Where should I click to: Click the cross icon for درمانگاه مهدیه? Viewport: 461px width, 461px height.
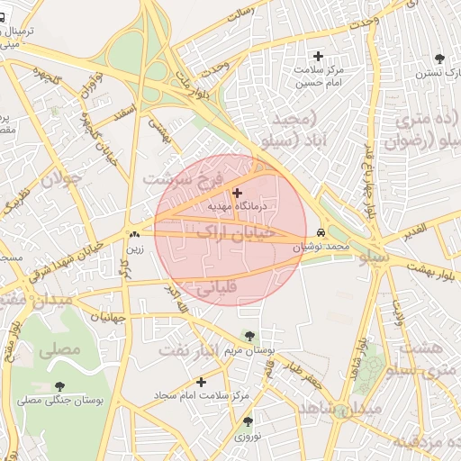point(237,193)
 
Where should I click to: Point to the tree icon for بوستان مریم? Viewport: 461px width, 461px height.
point(249,336)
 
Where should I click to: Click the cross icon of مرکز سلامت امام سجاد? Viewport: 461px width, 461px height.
point(201,382)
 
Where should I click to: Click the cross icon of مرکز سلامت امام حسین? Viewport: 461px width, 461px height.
point(318,56)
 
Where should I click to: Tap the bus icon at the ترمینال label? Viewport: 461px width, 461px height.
point(5,16)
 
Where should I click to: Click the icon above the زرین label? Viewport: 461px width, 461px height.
point(134,233)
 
